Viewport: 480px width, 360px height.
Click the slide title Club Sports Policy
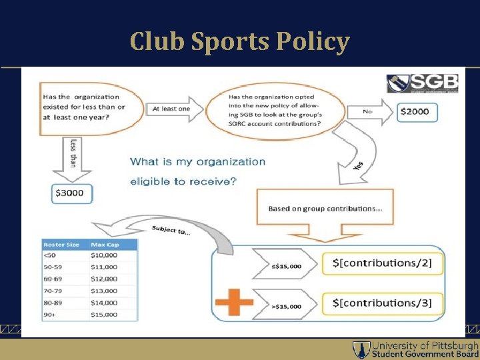pos(239,41)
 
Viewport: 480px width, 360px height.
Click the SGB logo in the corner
pos(423,83)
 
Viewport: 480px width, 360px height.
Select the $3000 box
pos(72,193)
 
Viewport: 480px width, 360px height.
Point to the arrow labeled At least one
pos(175,109)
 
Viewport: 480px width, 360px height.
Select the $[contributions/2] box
pos(382,263)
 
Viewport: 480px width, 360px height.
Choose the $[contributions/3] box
pos(382,303)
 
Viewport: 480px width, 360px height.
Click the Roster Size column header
pos(65,245)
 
